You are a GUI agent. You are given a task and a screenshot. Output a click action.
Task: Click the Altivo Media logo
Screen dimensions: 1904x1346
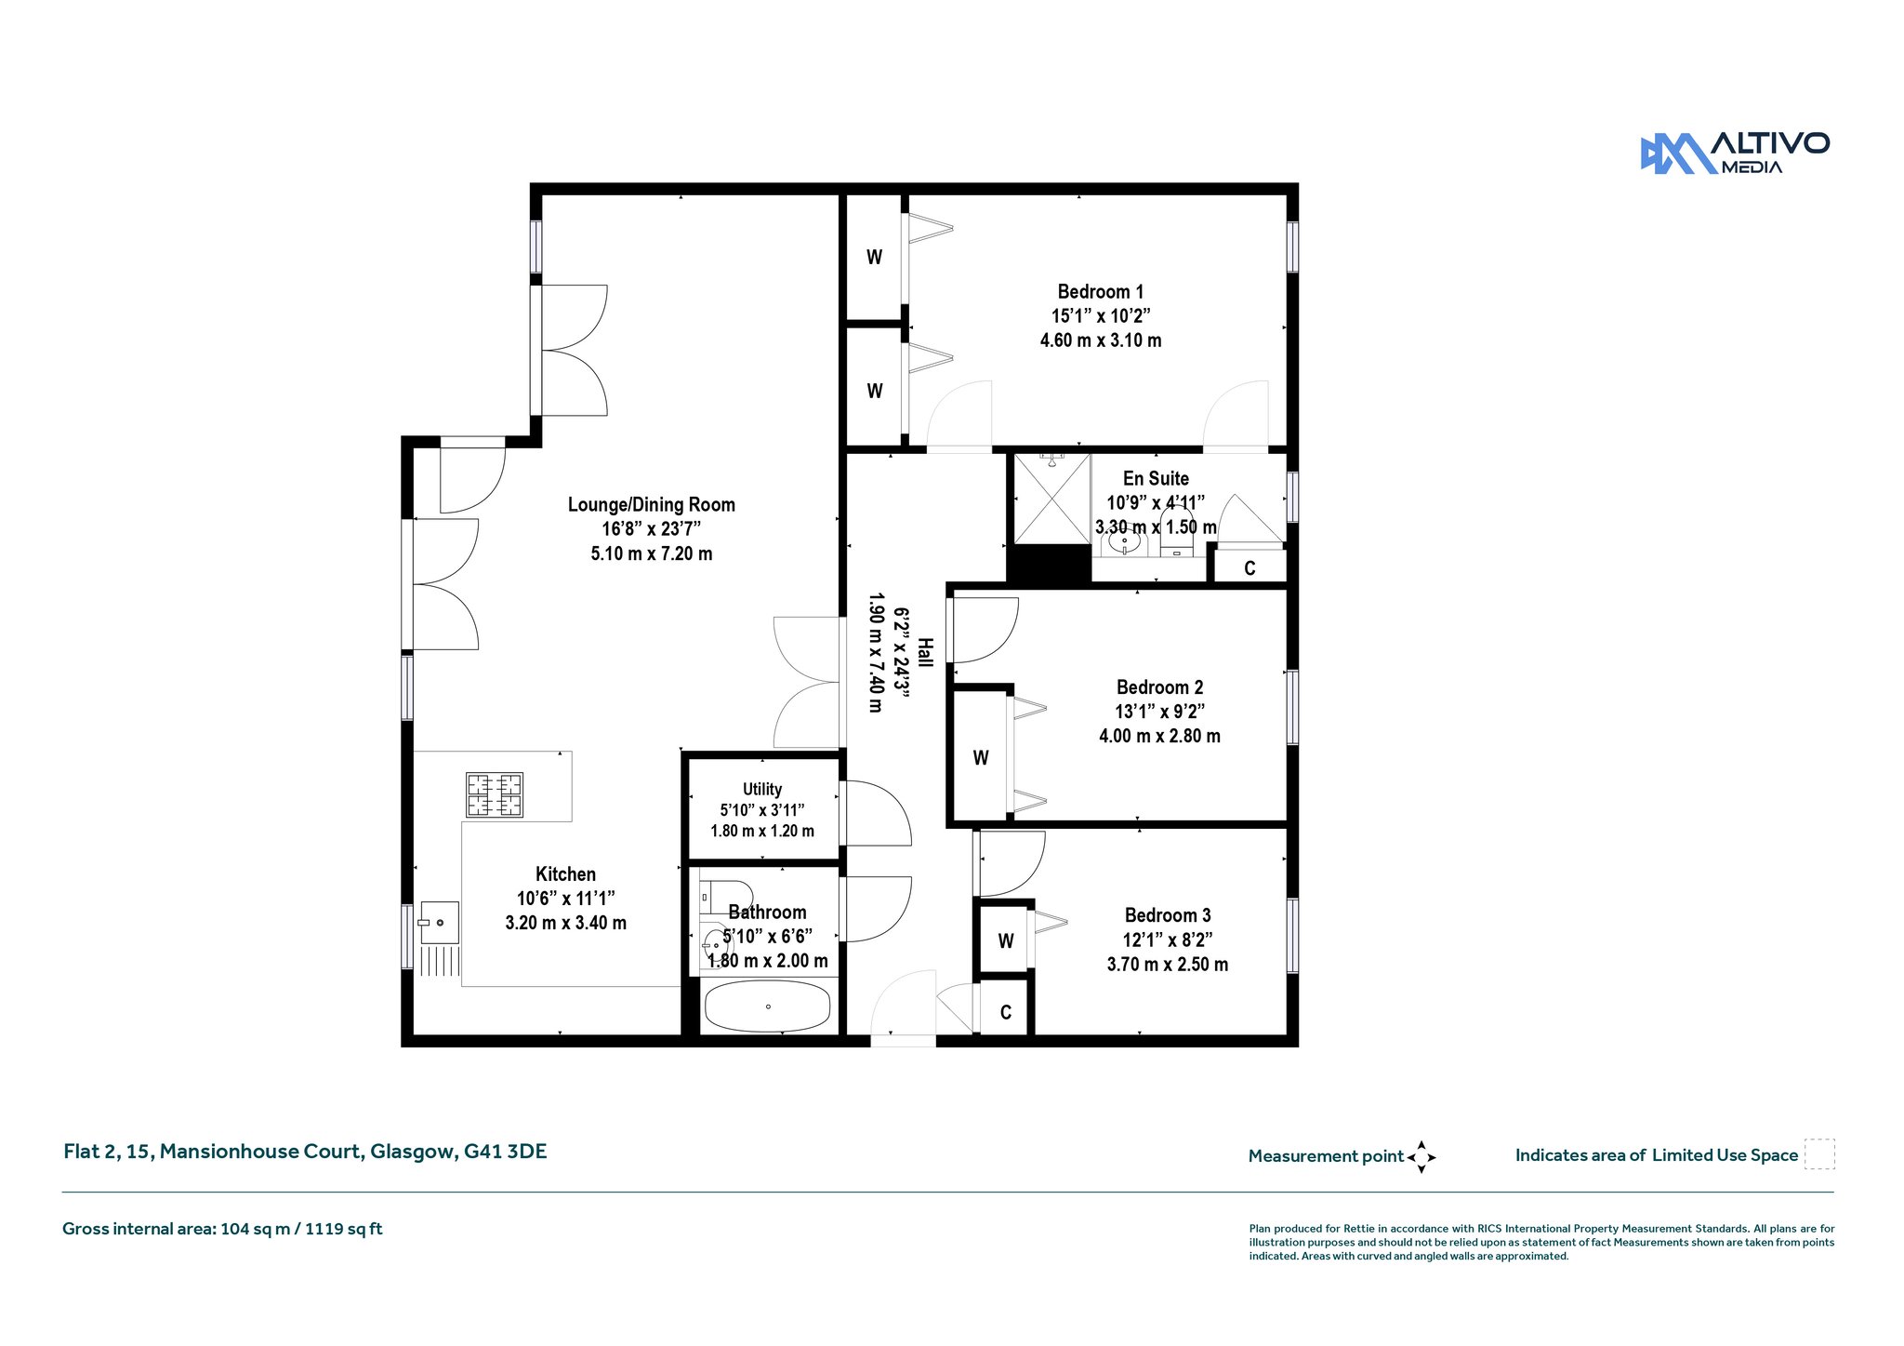[x=1735, y=153]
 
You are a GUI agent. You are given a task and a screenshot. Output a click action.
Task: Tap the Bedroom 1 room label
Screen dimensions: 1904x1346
[x=1101, y=292]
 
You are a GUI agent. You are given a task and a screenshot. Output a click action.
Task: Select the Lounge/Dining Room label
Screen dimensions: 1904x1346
[x=652, y=505]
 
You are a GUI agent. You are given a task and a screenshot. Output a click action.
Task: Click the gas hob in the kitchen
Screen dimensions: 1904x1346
[x=495, y=794]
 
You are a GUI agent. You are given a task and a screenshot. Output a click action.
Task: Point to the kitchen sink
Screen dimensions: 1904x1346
[x=440, y=922]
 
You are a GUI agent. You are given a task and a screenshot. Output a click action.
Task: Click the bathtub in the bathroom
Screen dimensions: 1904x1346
[x=768, y=1006]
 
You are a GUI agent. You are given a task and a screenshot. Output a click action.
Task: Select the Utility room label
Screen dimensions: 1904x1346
[x=762, y=789]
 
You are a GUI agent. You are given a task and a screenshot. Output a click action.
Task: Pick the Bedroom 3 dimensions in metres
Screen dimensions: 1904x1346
[x=1168, y=965]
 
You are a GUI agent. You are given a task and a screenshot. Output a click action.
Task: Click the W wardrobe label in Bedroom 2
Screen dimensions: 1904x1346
[x=981, y=758]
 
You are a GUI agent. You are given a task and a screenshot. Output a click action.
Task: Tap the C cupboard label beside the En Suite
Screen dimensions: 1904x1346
[x=1249, y=568]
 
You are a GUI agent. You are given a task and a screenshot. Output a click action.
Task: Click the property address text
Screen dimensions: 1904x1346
[x=305, y=1152]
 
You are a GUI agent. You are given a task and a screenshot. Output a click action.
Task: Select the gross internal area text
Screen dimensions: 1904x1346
[x=222, y=1229]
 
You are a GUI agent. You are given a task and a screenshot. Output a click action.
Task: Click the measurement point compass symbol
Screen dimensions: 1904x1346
[x=1421, y=1157]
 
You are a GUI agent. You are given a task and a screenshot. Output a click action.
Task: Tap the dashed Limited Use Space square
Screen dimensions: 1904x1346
[x=1819, y=1154]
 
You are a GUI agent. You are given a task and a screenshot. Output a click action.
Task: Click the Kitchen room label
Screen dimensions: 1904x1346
[x=565, y=874]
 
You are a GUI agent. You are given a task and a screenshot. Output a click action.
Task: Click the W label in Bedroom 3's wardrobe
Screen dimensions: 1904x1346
[x=1006, y=941]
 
